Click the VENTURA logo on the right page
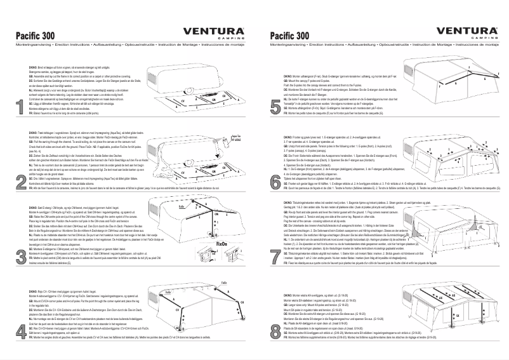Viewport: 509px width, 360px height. [466, 32]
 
